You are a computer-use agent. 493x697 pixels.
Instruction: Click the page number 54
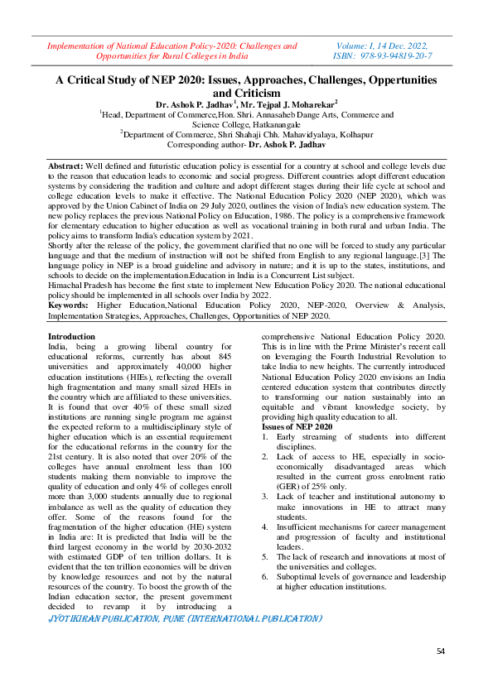pyautogui.click(x=442, y=652)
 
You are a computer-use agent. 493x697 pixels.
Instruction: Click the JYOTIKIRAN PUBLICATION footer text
pyautogui.click(x=184, y=618)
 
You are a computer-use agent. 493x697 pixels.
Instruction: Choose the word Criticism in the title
pyautogui.click(x=246, y=94)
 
